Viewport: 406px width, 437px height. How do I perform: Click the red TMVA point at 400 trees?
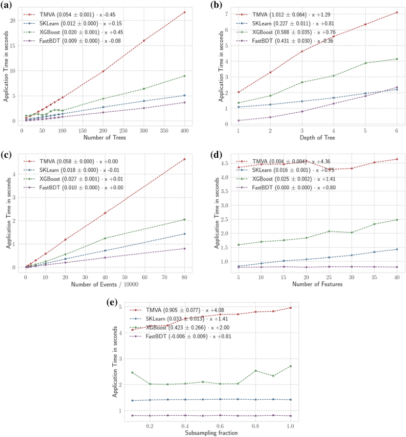185,12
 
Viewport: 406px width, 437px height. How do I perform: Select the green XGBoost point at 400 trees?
185,76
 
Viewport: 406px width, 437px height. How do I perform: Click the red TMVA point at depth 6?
397,12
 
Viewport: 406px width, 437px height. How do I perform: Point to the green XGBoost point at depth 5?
365,63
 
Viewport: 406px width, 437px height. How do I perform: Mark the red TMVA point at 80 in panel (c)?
185,159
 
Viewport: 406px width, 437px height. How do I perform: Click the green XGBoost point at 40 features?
397,220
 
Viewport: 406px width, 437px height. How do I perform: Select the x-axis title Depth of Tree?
317,138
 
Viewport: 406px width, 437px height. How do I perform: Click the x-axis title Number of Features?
317,283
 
